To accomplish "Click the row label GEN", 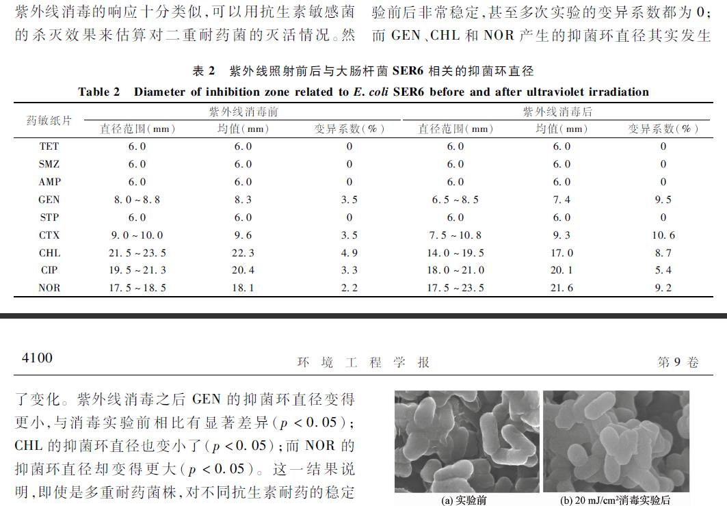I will [x=49, y=200].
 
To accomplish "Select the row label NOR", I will [x=49, y=288].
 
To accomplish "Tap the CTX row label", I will [x=49, y=235].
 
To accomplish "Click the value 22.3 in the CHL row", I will [x=243, y=253].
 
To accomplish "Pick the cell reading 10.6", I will [x=663, y=235].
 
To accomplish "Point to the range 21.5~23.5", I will [x=137, y=253].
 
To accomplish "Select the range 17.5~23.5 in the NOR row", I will [x=455, y=288].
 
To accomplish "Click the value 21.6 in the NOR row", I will [x=561, y=288].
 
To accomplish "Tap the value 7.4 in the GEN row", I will [x=561, y=200].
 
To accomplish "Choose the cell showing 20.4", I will [x=243, y=270].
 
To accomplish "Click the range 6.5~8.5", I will [x=455, y=200].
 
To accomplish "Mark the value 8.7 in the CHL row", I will [x=663, y=253].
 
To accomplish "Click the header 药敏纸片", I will [x=49, y=120].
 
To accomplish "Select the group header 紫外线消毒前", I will [x=243, y=111].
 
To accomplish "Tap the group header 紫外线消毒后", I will [x=557, y=111].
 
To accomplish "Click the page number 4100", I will [x=37, y=358].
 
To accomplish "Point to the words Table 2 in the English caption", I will [x=99, y=92].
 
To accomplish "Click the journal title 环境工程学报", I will [x=363, y=362].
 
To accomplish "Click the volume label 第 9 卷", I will [x=678, y=362].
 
